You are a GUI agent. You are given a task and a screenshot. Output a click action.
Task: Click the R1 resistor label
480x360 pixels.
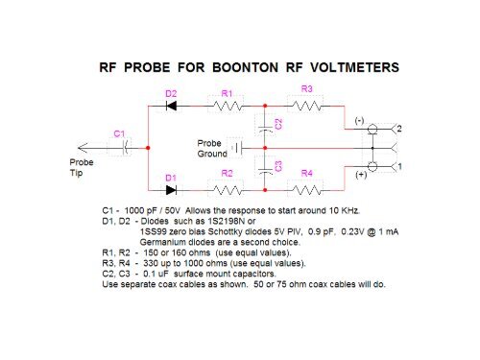(x=227, y=93)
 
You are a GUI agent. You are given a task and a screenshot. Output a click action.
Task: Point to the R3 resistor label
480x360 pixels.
(x=307, y=88)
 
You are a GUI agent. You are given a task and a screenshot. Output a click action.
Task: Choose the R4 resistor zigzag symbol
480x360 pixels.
(x=307, y=189)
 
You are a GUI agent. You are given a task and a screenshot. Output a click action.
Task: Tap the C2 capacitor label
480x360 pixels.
(x=277, y=124)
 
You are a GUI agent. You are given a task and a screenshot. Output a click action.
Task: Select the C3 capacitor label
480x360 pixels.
(x=277, y=166)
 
